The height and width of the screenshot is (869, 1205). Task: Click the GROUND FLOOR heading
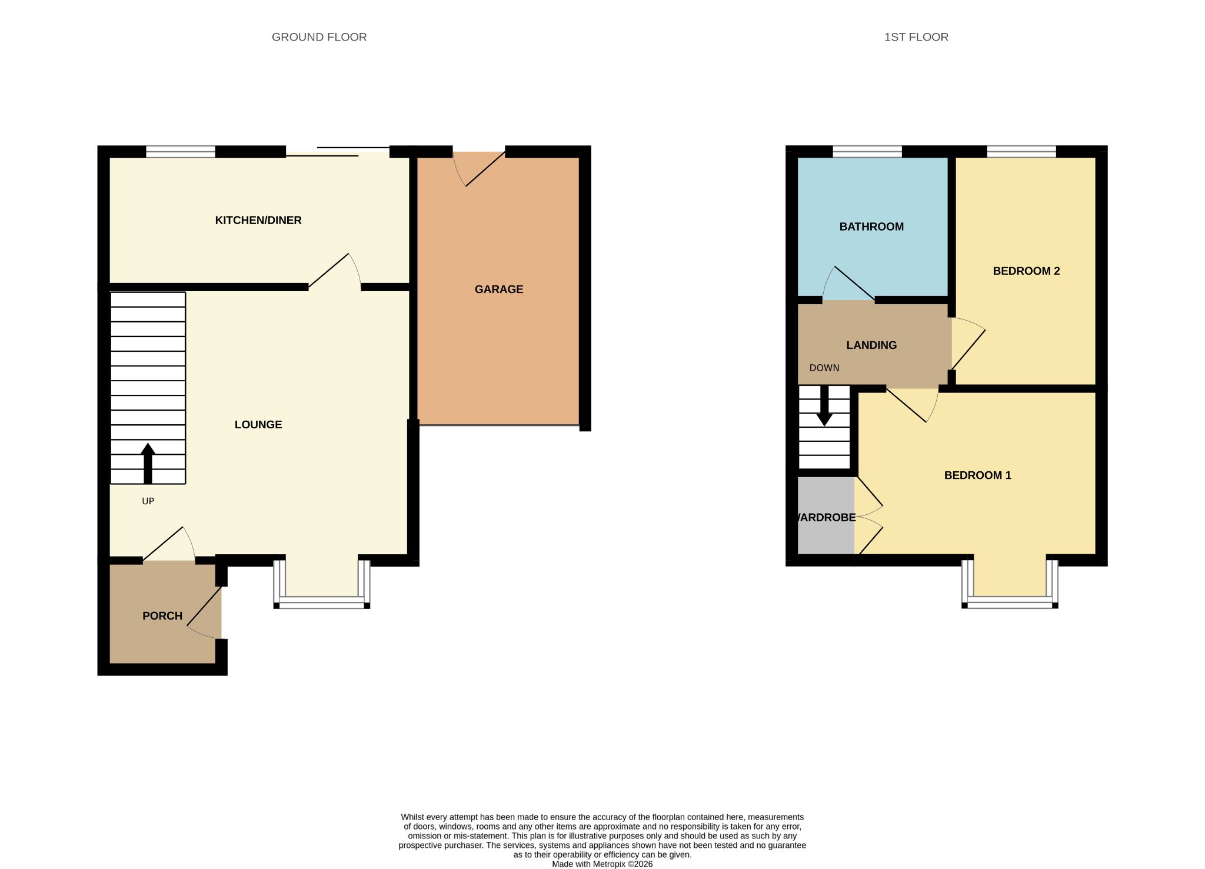click(319, 37)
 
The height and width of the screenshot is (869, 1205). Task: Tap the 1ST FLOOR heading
click(916, 37)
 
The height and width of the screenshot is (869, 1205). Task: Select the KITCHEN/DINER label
click(258, 220)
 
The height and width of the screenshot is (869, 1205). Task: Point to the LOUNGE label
click(258, 424)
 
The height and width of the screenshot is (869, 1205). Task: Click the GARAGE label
click(499, 289)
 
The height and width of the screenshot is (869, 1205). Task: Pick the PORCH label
click(162, 615)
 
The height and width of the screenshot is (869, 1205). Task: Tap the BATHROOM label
click(871, 227)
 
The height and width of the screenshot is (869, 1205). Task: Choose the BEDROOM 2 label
click(1026, 271)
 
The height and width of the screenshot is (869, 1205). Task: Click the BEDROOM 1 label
click(977, 475)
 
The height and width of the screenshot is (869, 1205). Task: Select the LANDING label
click(871, 345)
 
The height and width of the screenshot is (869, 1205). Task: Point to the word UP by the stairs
click(148, 501)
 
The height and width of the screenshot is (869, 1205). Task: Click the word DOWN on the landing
click(824, 368)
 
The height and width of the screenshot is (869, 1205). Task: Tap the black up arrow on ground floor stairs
click(148, 463)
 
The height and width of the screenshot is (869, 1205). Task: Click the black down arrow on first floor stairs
click(824, 405)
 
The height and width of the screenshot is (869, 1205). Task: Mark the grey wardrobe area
click(826, 515)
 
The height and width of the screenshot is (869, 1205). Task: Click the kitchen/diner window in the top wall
click(181, 152)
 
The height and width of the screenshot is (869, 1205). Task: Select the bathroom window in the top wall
click(867, 152)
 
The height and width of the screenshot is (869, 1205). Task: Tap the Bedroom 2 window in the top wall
click(1021, 152)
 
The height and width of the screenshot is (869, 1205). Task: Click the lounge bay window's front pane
click(322, 601)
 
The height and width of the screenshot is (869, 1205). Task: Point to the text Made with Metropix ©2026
click(602, 864)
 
